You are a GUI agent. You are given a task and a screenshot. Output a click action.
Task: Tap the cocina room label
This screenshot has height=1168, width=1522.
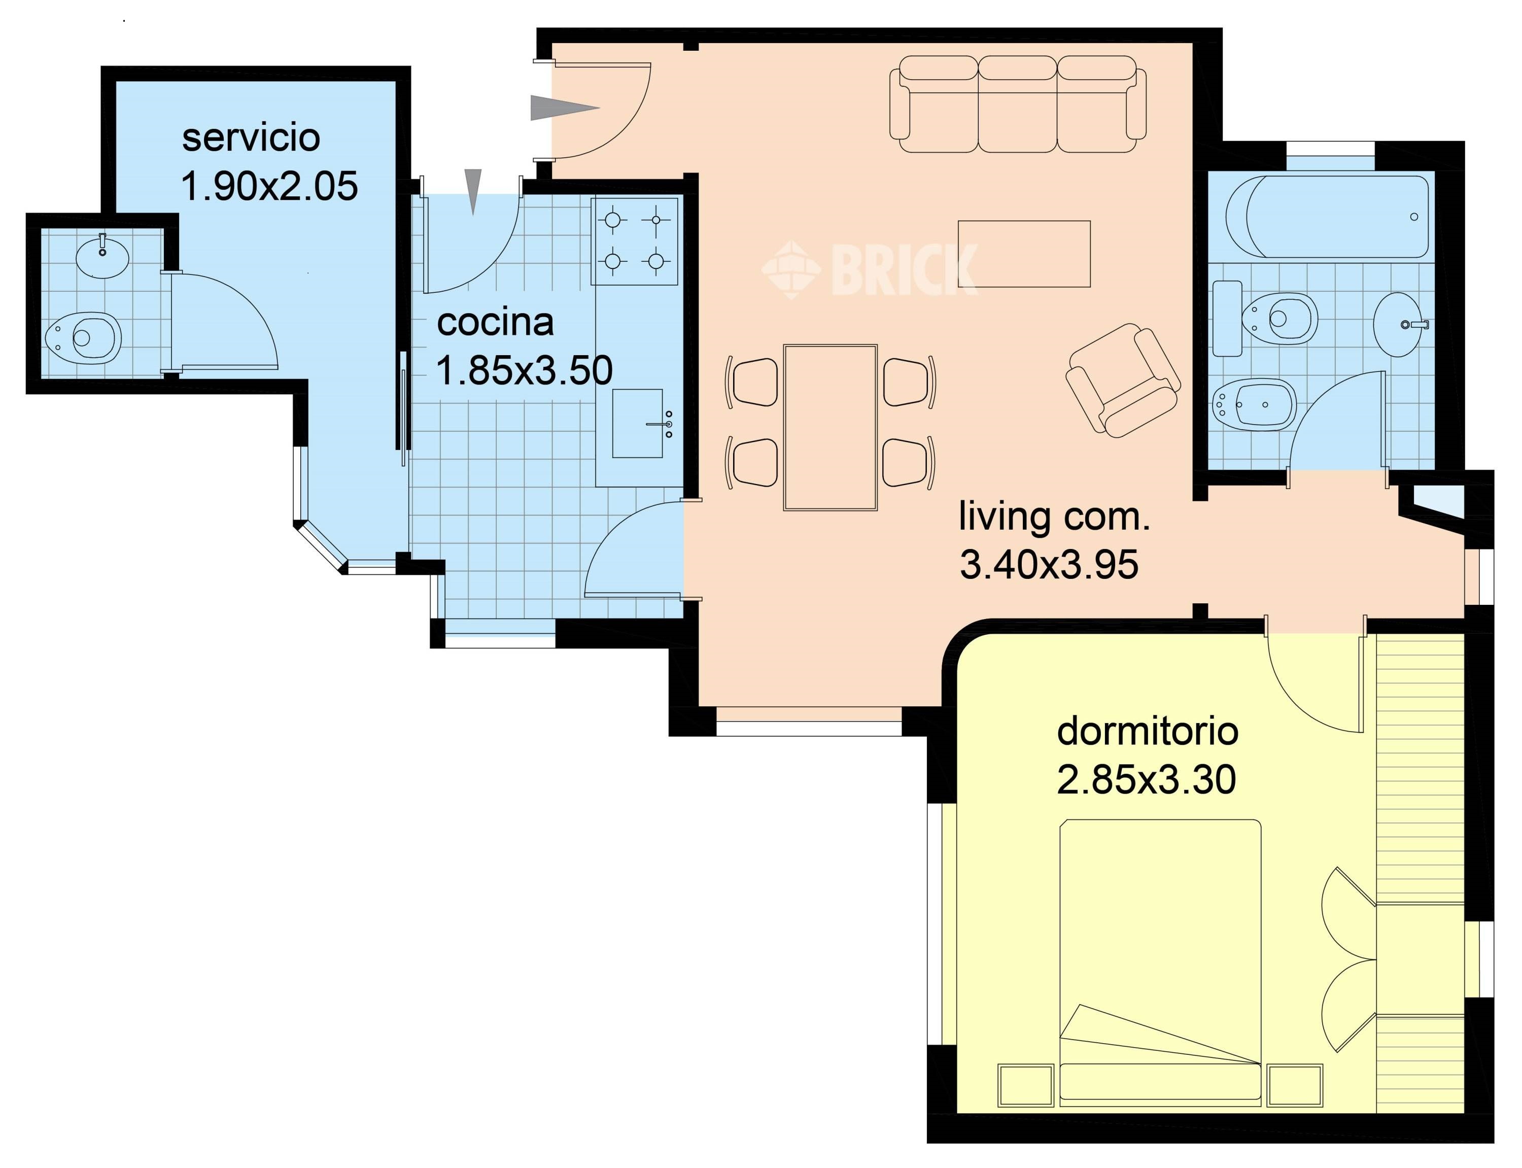[x=495, y=322]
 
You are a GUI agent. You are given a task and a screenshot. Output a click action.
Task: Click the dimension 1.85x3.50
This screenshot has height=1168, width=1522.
[x=524, y=370]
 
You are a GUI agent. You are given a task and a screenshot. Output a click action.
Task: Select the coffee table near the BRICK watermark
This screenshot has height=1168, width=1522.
[x=1024, y=254]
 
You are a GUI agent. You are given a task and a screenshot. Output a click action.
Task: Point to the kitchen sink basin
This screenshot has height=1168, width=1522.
[x=637, y=423]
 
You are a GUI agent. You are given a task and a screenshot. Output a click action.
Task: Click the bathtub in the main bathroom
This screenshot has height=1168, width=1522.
[x=1326, y=216]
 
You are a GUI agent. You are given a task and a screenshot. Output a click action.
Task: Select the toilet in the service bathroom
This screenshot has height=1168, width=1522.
[x=83, y=338]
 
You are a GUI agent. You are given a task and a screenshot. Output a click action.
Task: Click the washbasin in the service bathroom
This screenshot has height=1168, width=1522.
[x=102, y=256]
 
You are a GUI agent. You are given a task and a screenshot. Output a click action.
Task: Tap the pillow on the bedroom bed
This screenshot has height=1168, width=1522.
[x=1160, y=1081]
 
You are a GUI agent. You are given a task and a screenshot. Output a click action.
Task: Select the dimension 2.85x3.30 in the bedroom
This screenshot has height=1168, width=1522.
[x=1147, y=779]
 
